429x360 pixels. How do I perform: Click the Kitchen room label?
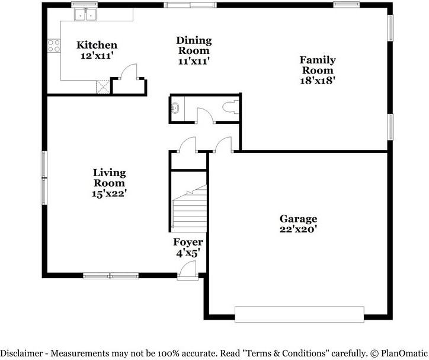pyautogui.click(x=97, y=45)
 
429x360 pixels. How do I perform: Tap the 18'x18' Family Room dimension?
pyautogui.click(x=318, y=81)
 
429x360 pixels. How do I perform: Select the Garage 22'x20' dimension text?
pyautogui.click(x=298, y=229)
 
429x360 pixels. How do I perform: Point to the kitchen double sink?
pyautogui.click(x=86, y=14)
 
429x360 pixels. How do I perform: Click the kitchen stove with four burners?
pyautogui.click(x=54, y=46)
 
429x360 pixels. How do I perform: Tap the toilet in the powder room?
pyautogui.click(x=231, y=107)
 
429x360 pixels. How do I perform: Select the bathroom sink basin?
pyautogui.click(x=175, y=108)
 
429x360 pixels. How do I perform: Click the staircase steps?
pyautogui.click(x=189, y=209)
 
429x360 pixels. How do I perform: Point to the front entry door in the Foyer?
pyautogui.click(x=188, y=270)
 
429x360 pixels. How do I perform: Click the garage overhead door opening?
pyautogui.click(x=299, y=314)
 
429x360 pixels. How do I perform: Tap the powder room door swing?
pyautogui.click(x=206, y=115)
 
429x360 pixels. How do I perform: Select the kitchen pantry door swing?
pyautogui.click(x=129, y=72)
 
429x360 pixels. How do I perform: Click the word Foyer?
pyautogui.click(x=188, y=242)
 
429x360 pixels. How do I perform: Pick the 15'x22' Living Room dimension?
pyautogui.click(x=109, y=194)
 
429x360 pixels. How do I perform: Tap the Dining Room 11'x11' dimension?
pyautogui.click(x=194, y=61)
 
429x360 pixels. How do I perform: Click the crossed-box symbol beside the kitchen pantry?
pyautogui.click(x=103, y=87)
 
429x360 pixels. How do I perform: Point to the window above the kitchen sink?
pyautogui.click(x=85, y=4)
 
